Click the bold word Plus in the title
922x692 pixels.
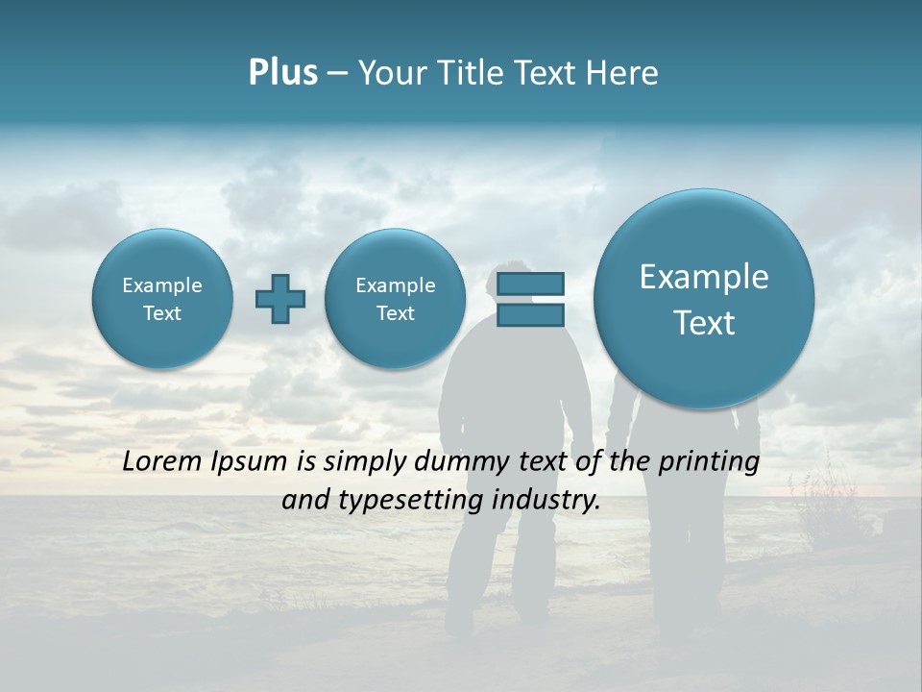click(x=282, y=73)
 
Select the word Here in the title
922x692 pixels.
click(x=624, y=73)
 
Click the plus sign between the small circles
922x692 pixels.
click(x=280, y=299)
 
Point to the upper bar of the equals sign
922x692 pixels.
click(x=530, y=284)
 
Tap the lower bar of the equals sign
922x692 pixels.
click(x=530, y=314)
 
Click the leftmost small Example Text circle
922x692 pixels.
click(x=162, y=299)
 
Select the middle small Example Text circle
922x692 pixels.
click(x=395, y=299)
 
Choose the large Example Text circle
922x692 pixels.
click(x=704, y=299)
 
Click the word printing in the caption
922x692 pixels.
click(x=708, y=462)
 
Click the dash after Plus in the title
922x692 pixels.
click(x=336, y=74)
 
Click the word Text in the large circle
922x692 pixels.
click(x=704, y=323)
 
